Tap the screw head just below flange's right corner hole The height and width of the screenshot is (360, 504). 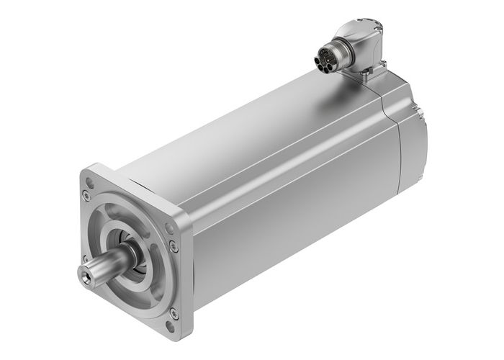pyautogui.click(x=171, y=246)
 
